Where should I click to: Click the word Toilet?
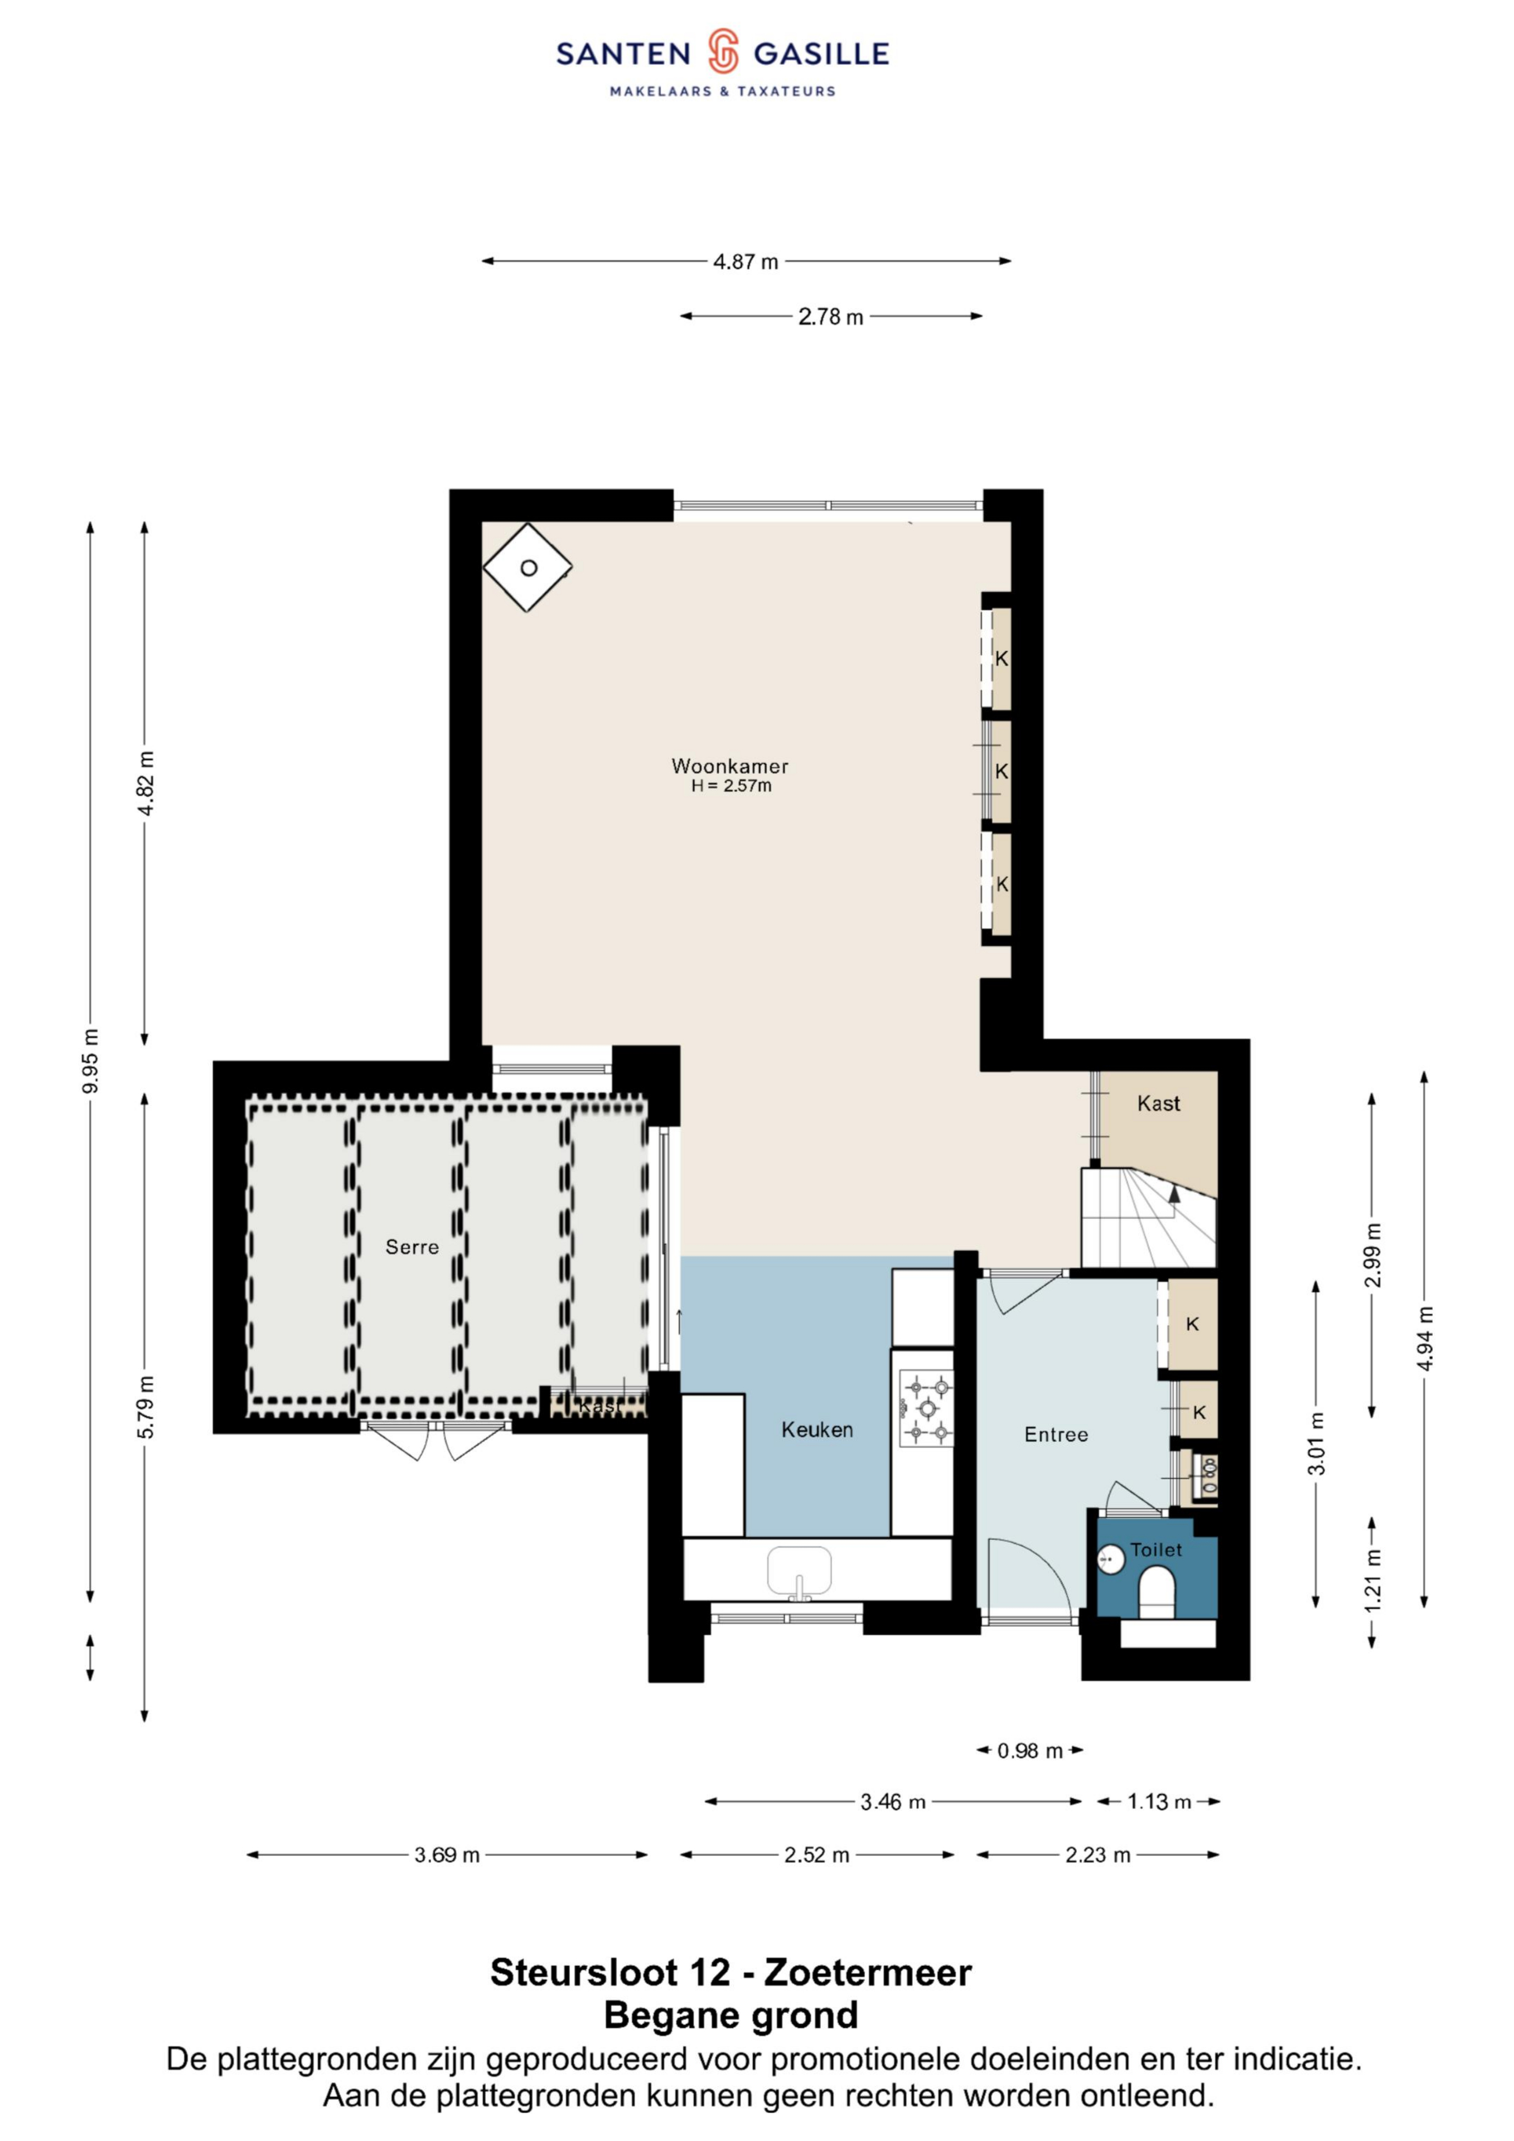point(1156,1550)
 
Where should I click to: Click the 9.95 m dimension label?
point(90,1061)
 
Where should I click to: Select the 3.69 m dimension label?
point(447,1855)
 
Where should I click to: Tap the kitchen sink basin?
point(799,1571)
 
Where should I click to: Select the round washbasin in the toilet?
point(1110,1559)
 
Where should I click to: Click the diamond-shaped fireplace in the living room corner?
point(527,567)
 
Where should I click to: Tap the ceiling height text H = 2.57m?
point(731,786)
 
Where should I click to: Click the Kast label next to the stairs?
point(1159,1103)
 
